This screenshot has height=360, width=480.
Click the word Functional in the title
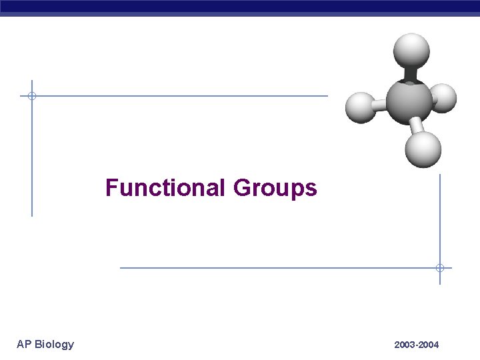coord(166,188)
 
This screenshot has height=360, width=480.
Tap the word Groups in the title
coord(275,189)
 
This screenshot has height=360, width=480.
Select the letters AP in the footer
coord(24,344)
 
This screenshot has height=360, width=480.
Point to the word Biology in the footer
coord(54,345)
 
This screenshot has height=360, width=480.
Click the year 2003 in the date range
coord(405,345)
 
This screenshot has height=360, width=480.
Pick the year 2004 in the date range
coord(429,345)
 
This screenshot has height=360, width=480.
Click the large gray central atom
coord(408,101)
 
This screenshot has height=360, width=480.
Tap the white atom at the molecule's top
coord(411,50)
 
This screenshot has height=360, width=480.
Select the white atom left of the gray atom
coord(361,107)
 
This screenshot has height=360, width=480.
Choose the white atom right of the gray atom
coord(443,98)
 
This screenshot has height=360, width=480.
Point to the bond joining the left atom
coord(381,105)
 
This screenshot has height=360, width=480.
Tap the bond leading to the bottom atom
coord(416,126)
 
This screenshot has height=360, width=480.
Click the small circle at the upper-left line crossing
coord(31,96)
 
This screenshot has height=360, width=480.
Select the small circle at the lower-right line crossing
coord(440,268)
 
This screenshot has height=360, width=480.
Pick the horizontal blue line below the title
coord(267,268)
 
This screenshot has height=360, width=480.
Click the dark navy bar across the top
coord(240,7)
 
